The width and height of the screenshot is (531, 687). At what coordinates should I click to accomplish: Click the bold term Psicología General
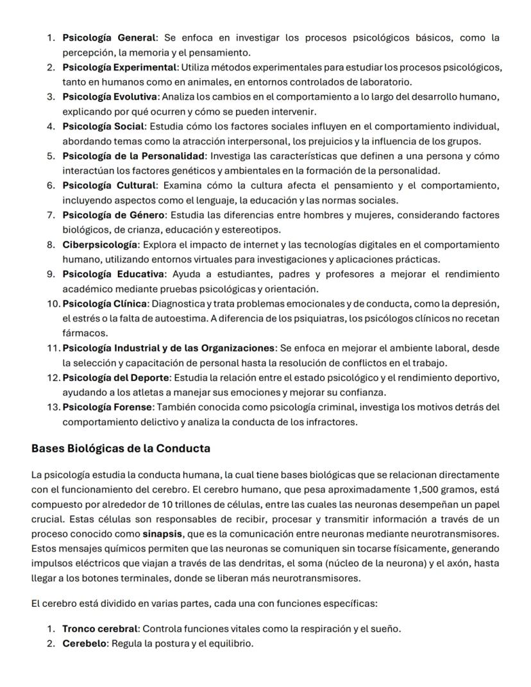(x=109, y=38)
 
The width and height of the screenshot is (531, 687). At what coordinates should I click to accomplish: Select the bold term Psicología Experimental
(x=119, y=67)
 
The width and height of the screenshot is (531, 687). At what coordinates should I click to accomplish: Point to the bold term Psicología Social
(x=104, y=126)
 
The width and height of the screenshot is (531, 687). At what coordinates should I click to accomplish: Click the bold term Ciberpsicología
(x=100, y=244)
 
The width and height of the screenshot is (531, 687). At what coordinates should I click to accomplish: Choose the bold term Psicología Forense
(x=108, y=407)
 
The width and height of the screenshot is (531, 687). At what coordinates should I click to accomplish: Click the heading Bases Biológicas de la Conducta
(x=121, y=449)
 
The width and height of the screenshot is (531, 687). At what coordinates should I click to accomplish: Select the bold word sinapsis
(x=160, y=534)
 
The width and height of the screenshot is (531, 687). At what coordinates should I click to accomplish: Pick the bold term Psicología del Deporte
(x=115, y=377)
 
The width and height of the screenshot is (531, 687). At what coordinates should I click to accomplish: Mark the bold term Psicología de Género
(x=114, y=215)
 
